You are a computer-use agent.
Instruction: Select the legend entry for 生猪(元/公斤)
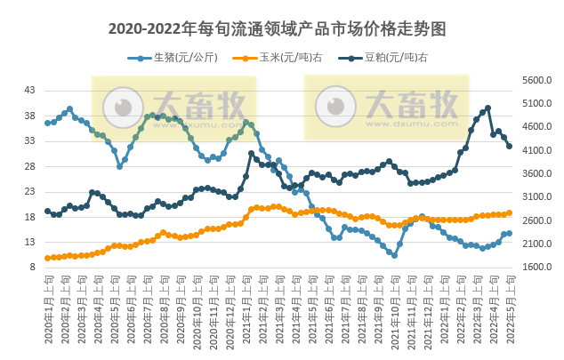tap(167, 58)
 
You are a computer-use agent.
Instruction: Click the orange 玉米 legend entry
tap(270, 58)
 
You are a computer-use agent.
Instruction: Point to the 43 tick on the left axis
tap(29, 91)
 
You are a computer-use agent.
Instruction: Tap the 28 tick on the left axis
tap(29, 166)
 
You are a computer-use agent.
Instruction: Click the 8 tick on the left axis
tap(32, 267)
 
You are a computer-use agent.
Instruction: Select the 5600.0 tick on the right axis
tap(536, 80)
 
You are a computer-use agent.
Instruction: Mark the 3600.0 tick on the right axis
tap(536, 173)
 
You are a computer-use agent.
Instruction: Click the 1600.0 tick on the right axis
tap(536, 267)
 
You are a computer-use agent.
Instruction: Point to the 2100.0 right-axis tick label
tap(536, 244)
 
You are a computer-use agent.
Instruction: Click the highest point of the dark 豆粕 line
tap(487, 108)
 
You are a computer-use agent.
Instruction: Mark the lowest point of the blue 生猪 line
tap(394, 255)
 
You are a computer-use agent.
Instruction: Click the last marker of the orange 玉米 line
tap(510, 212)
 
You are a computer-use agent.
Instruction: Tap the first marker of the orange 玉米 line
tap(47, 258)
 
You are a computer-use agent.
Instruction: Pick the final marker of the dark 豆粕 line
tap(510, 147)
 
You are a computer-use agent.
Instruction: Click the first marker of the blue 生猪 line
tap(47, 123)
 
